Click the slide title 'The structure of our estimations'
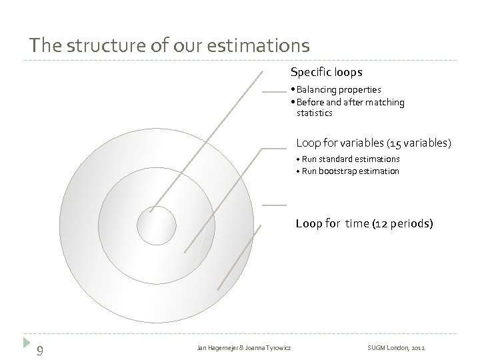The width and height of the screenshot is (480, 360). click(x=169, y=45)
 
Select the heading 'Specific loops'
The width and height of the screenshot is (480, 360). click(x=326, y=71)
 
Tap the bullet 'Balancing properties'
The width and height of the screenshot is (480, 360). click(x=338, y=89)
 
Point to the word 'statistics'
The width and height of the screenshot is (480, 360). click(x=314, y=113)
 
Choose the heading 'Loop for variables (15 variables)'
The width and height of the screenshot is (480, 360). click(x=373, y=143)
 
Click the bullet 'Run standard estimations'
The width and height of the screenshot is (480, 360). click(x=350, y=159)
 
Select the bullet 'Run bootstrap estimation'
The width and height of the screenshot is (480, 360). click(x=350, y=171)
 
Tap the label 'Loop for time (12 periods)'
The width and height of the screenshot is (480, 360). click(x=364, y=223)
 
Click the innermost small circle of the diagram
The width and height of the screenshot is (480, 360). click(x=156, y=225)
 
